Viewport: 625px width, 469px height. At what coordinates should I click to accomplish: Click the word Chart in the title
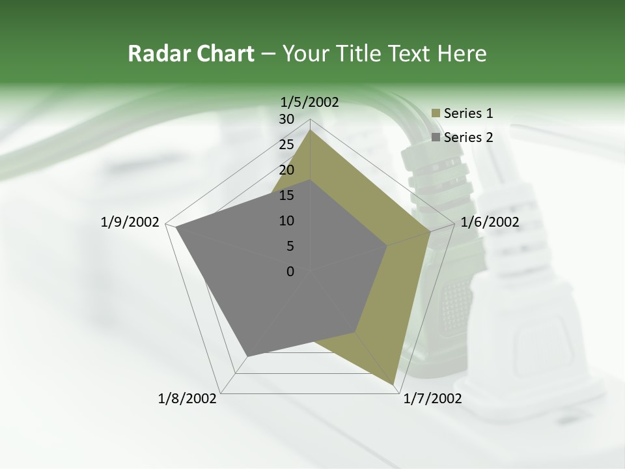(x=224, y=54)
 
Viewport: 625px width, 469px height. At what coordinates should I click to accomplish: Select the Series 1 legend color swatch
(x=436, y=114)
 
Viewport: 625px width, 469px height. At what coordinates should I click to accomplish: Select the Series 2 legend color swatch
(x=436, y=137)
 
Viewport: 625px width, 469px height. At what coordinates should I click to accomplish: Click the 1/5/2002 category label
(x=309, y=102)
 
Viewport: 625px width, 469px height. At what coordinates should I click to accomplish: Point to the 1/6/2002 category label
(x=490, y=222)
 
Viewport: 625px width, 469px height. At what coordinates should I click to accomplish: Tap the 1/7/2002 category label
(x=432, y=399)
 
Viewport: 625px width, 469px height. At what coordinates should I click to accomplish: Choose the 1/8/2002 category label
(x=187, y=399)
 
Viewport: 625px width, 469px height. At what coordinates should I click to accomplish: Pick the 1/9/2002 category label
(x=130, y=222)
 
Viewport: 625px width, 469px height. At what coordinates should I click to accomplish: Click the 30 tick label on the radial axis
(x=286, y=119)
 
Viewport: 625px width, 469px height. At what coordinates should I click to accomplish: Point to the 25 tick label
(x=286, y=145)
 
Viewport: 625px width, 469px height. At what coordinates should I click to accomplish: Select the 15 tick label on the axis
(x=286, y=195)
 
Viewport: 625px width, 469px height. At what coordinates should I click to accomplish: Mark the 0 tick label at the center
(x=290, y=272)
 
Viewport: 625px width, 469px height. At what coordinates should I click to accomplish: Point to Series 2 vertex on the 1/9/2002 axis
(x=175, y=227)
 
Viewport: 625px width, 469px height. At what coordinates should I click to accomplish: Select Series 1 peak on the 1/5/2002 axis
(x=310, y=130)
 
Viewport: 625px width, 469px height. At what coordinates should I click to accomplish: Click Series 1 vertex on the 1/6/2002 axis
(x=430, y=231)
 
